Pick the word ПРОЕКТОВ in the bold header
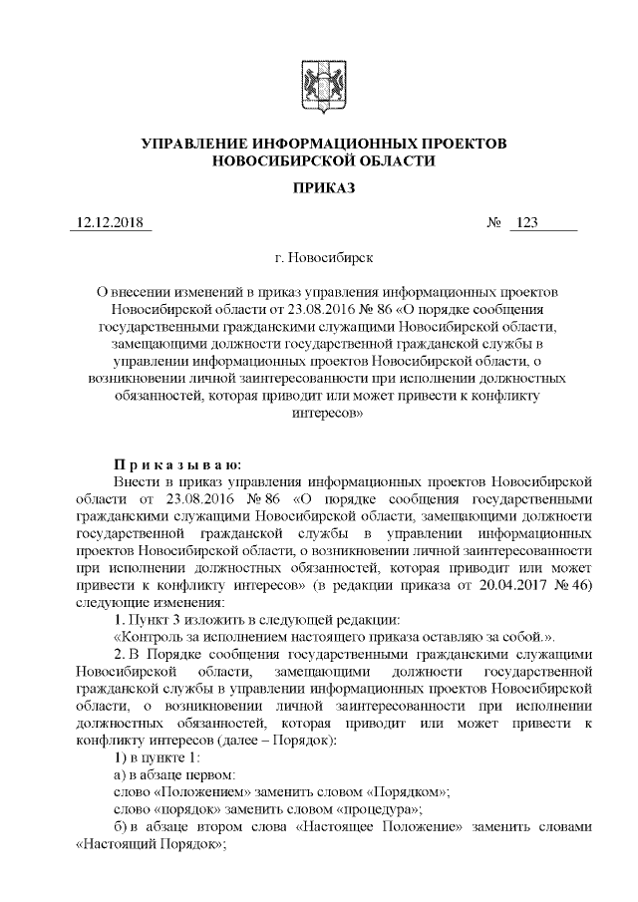[x=462, y=144]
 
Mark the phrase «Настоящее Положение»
[x=365, y=826]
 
